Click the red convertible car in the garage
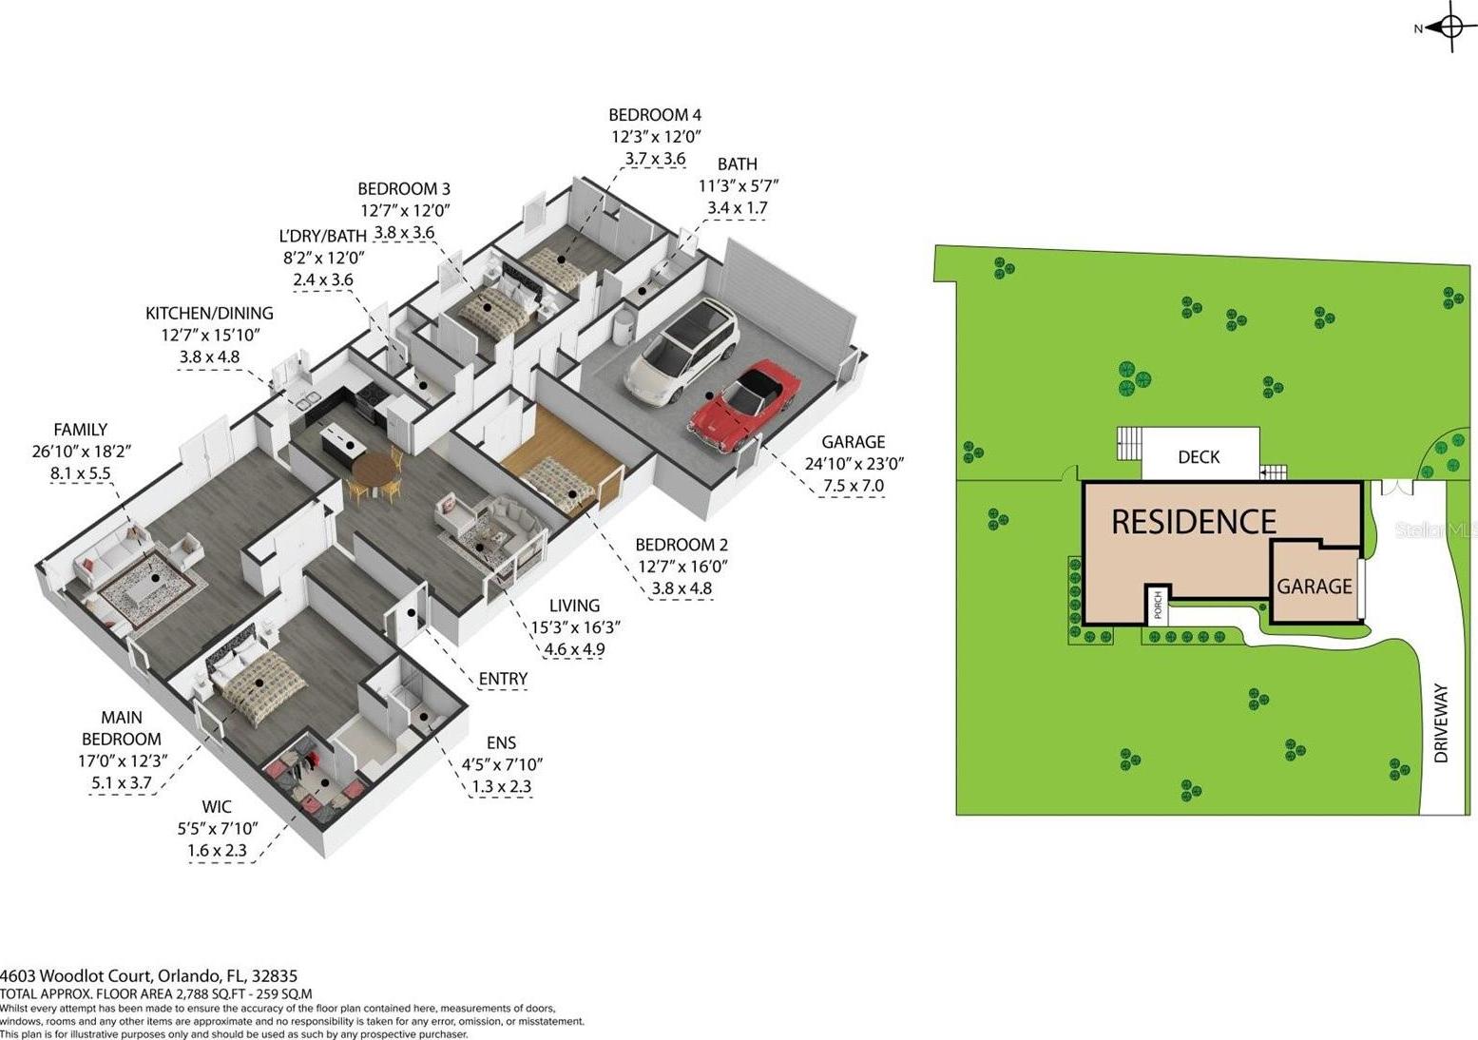click(743, 407)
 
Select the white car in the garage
click(681, 351)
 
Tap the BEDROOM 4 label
click(655, 115)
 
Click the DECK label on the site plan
click(1199, 456)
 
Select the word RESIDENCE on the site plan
click(1194, 521)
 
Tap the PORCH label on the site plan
click(1158, 606)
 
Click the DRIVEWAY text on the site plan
click(1441, 723)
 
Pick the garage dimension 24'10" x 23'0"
click(854, 464)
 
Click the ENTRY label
click(503, 679)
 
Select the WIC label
click(217, 806)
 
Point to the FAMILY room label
click(81, 430)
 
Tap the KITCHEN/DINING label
click(209, 313)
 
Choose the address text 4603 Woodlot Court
click(77, 975)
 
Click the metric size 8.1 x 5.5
click(81, 473)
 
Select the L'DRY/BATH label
click(322, 236)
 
